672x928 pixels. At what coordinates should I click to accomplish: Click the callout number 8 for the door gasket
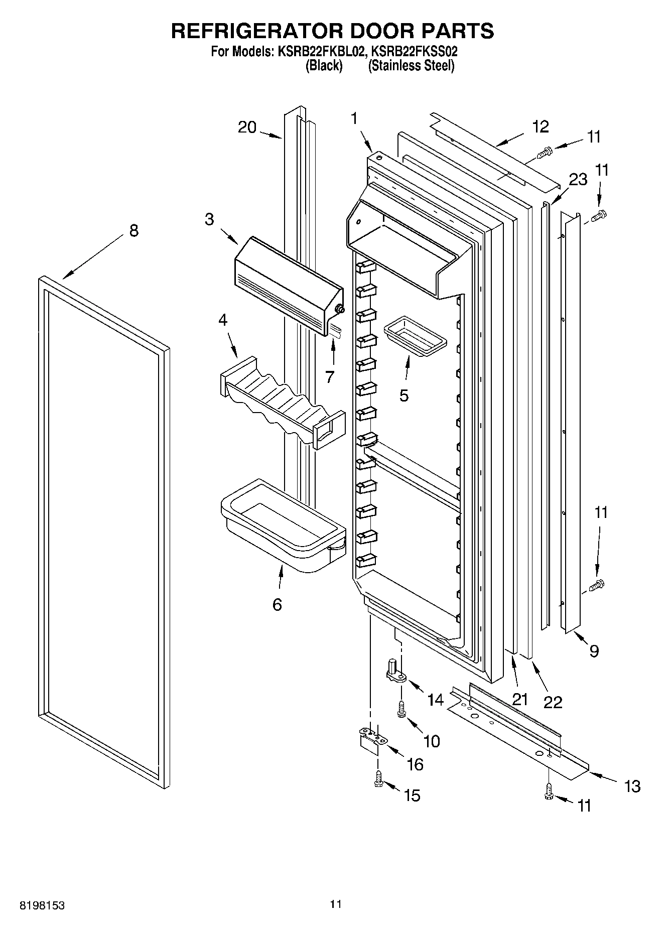point(133,231)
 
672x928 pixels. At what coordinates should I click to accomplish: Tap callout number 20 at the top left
point(247,127)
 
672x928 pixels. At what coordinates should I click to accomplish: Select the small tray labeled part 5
point(415,335)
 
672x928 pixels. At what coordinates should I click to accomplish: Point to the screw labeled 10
point(401,710)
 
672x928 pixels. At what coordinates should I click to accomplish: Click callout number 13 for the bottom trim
point(632,786)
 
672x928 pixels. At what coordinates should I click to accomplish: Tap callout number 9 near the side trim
point(594,651)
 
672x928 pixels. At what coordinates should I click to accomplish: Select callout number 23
point(578,179)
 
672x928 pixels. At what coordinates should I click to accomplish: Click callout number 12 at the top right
point(541,126)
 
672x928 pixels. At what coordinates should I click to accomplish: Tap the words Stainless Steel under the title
point(412,66)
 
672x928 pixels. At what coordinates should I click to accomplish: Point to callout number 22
point(553,702)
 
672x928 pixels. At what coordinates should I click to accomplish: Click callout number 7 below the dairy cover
point(329,376)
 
